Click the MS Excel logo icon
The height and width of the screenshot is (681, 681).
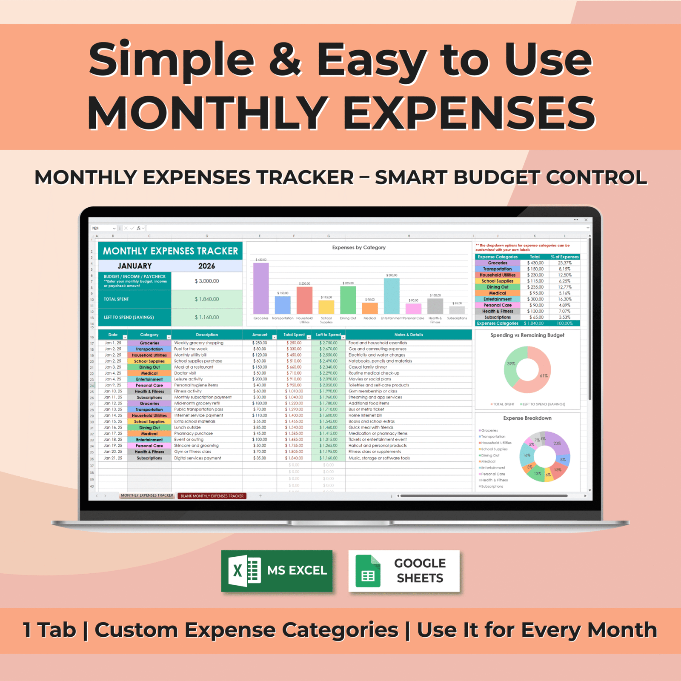click(245, 570)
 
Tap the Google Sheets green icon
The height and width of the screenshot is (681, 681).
click(368, 571)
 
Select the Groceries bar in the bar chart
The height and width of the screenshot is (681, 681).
click(261, 288)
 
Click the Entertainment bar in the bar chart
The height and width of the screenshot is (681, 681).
click(392, 296)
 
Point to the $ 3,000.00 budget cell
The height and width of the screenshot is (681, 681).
click(207, 281)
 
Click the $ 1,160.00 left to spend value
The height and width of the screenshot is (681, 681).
click(207, 317)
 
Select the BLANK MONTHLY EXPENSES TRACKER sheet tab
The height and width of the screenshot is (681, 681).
click(212, 496)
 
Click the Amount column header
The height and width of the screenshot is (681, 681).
click(260, 335)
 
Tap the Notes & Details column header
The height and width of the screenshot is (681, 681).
click(409, 335)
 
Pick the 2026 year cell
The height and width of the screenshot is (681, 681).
click(206, 266)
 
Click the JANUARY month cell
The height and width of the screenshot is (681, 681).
click(134, 266)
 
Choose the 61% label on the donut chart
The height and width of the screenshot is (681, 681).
click(544, 376)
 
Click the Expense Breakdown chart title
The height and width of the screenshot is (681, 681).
click(527, 418)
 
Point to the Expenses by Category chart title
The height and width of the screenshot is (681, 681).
click(359, 248)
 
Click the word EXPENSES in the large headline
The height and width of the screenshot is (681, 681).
click(469, 113)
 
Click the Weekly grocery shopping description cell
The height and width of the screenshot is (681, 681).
click(199, 343)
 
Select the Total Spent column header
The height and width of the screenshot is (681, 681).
click(294, 335)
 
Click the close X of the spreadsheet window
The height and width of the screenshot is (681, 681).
click(586, 220)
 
